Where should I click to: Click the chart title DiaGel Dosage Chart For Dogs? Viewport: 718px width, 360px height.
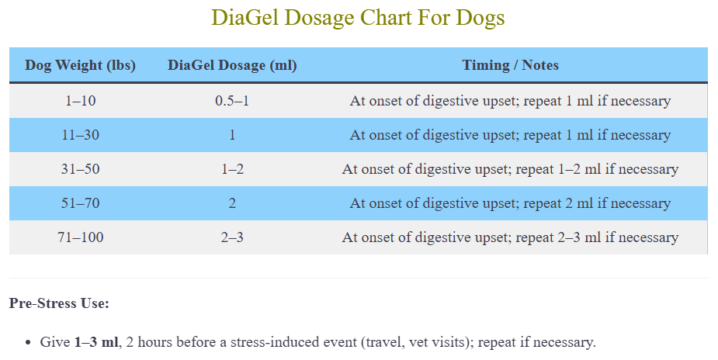coord(358,18)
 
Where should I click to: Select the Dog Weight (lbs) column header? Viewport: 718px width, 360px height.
coord(80,65)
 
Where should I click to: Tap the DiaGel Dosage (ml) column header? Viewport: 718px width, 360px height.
coord(232,65)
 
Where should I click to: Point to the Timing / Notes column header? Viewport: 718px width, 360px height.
coord(510,65)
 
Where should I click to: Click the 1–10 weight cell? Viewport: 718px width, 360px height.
coord(80,101)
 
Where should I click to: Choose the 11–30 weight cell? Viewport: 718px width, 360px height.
coord(80,135)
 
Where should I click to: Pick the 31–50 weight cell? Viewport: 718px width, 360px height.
coord(80,169)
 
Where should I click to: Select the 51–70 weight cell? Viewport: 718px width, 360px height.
coord(80,203)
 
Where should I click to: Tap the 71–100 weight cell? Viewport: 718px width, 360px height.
coord(80,237)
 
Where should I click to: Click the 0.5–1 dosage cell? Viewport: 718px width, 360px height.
coord(232,101)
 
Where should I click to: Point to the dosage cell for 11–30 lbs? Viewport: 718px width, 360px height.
coord(232,135)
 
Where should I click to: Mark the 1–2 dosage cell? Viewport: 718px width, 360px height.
coord(232,169)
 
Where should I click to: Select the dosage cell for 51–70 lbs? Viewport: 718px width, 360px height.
coord(232,203)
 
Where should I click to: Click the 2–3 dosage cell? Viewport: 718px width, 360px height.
coord(232,237)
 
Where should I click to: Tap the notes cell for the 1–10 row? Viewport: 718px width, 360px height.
coord(510,101)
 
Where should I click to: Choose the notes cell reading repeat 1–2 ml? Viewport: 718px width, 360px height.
coord(510,169)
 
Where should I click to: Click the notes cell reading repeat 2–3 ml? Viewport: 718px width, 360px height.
coord(510,237)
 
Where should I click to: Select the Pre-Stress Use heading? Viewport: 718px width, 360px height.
coord(59,303)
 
